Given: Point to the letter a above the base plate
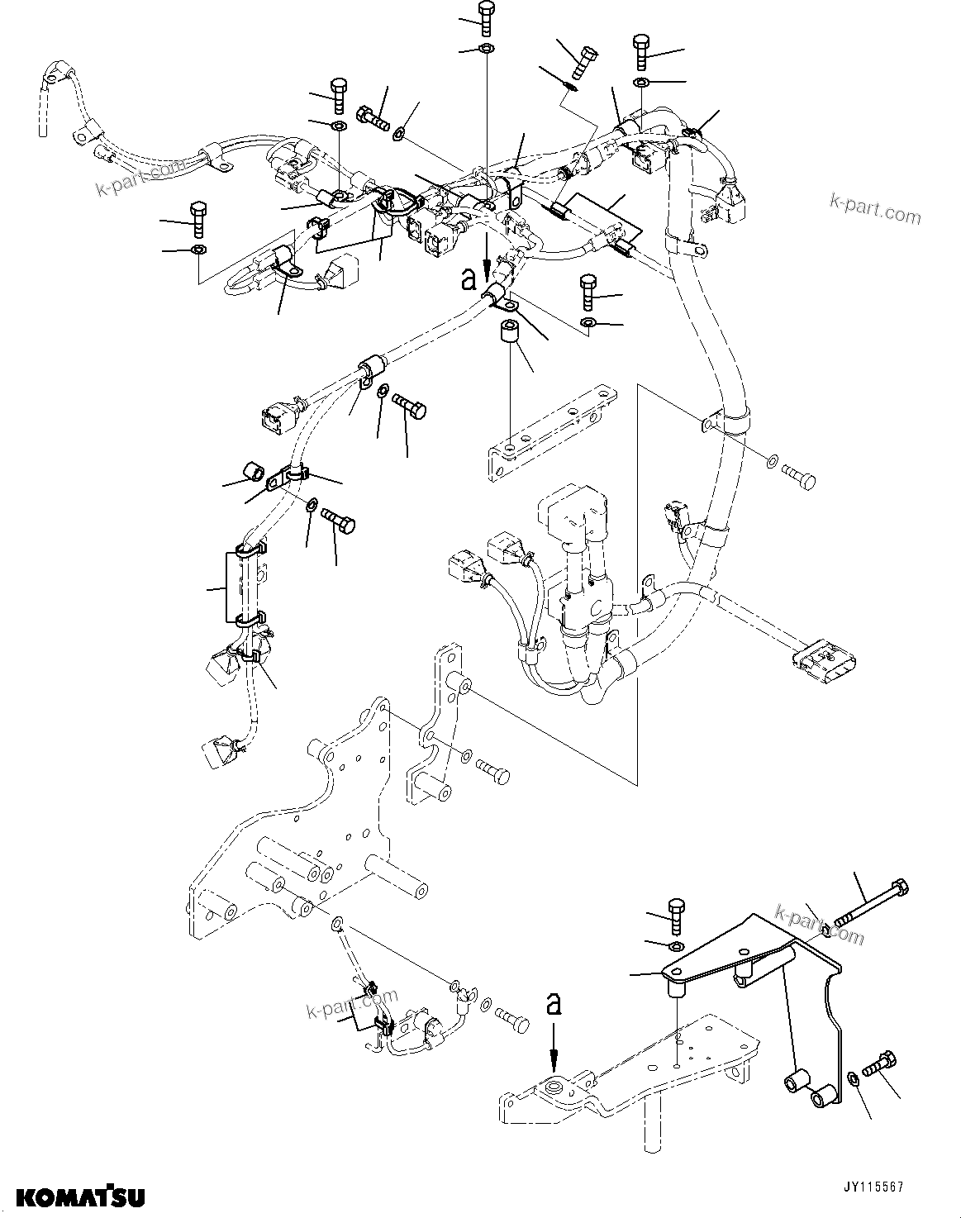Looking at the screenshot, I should tap(554, 1004).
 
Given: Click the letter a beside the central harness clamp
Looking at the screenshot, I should tap(469, 279).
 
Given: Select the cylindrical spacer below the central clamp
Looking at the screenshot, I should tap(511, 338).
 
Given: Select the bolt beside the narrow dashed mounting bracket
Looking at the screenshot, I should tap(492, 773).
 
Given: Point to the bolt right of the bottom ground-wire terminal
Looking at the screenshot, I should tap(511, 1019).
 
